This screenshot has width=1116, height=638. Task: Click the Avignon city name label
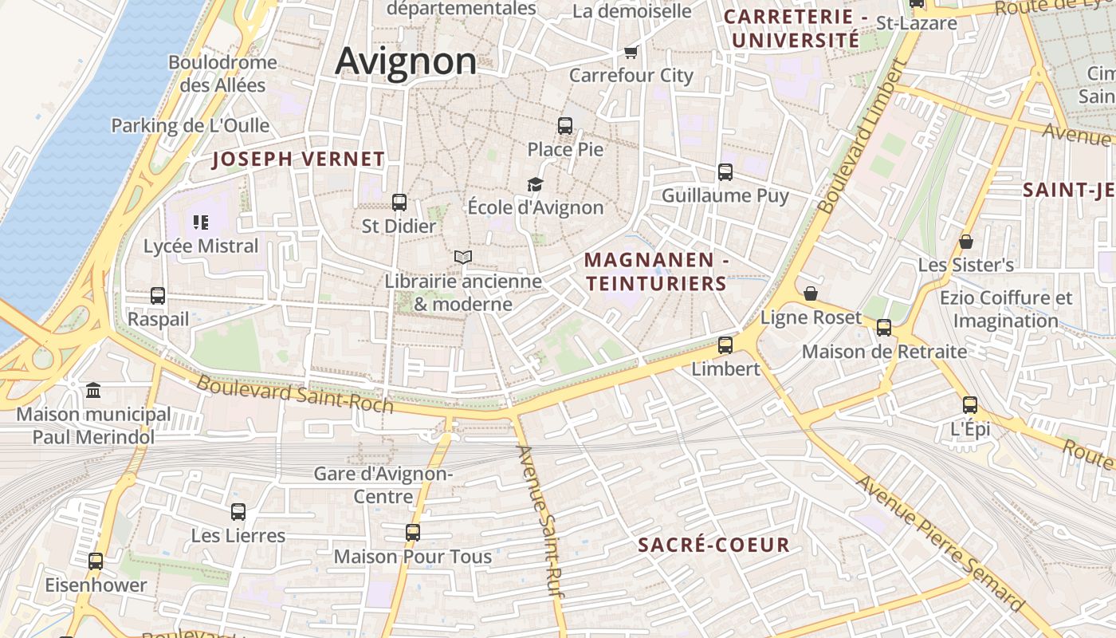(406, 61)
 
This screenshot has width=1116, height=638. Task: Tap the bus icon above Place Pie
(565, 125)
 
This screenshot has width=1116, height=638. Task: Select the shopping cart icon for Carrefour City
(631, 52)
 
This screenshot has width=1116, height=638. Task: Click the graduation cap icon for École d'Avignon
(535, 184)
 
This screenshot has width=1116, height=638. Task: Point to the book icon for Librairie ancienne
(463, 257)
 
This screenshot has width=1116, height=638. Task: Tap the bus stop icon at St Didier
(399, 203)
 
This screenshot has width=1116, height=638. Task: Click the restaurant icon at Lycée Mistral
(201, 223)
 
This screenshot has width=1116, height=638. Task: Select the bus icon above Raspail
(158, 296)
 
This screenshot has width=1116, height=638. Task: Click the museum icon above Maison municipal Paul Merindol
(93, 390)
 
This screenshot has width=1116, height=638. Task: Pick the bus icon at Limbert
(725, 345)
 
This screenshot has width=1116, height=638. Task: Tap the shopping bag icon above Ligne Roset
(811, 293)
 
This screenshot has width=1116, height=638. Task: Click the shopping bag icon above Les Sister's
(966, 241)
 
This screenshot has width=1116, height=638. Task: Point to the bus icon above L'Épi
(970, 405)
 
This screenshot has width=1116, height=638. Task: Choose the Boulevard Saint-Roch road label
(295, 394)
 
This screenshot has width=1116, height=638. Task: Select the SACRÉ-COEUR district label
(714, 545)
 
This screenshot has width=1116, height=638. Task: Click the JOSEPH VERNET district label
(298, 159)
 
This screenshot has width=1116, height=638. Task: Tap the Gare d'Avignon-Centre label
(383, 485)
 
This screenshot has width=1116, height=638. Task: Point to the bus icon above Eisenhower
(96, 561)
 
